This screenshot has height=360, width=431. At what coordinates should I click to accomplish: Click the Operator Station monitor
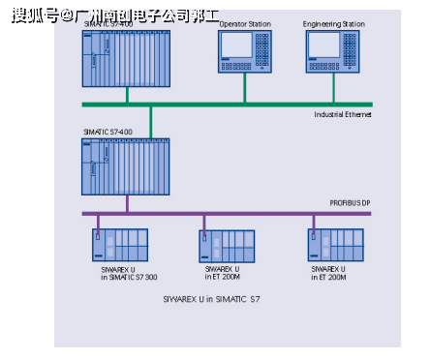tap(244, 49)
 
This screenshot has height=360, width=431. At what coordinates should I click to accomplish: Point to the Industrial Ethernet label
tap(343, 114)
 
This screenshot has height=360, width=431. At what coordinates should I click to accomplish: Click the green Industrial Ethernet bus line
tap(194, 104)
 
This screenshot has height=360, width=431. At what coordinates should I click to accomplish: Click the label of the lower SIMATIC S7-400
tap(108, 132)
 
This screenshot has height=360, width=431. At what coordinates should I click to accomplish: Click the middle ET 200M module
tap(227, 246)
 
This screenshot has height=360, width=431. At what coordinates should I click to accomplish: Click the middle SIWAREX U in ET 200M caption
tap(225, 273)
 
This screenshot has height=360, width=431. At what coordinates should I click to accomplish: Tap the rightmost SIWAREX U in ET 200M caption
tap(331, 273)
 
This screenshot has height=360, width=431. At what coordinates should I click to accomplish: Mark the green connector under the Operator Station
tap(244, 89)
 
